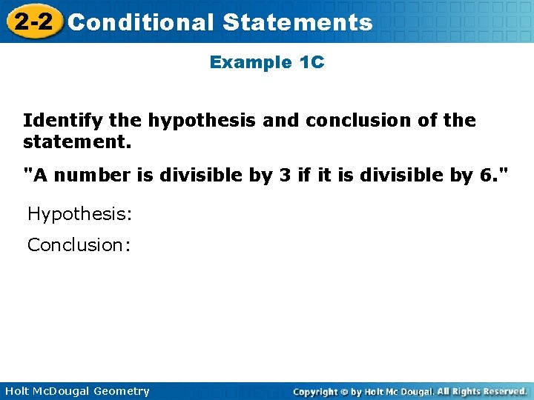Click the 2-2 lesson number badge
pos(33,21)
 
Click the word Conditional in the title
pos(140,22)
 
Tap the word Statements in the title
pos(297,22)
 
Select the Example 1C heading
pos(267,62)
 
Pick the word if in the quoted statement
pos(301,176)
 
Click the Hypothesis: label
pos(79,214)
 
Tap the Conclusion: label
pos(79,244)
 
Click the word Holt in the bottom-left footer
pos(16,391)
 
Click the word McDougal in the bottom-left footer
pos(59,391)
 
